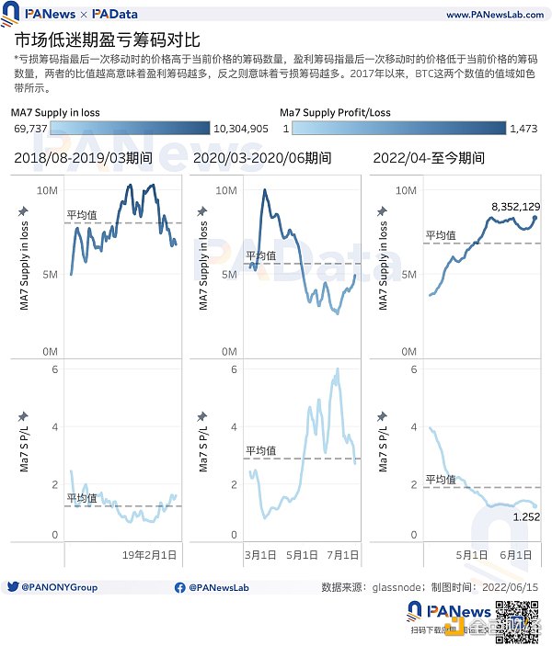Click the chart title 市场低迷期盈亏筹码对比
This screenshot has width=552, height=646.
[107, 41]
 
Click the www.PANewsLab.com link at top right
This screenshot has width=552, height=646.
[491, 15]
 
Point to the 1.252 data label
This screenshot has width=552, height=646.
[523, 518]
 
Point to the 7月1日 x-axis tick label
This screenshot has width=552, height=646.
[341, 555]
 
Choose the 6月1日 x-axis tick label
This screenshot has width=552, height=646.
[517, 555]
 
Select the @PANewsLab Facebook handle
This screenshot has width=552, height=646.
[225, 586]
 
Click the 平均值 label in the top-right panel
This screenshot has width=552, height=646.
[441, 235]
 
